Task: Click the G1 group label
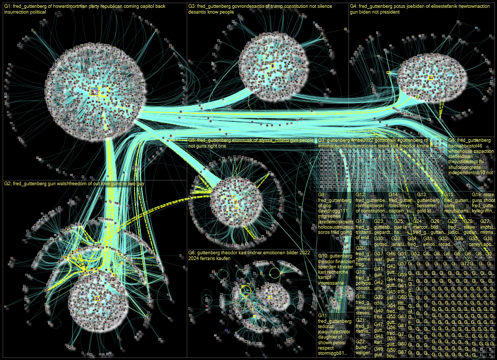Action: [8, 7]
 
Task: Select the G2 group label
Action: [8, 169]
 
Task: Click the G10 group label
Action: [324, 256]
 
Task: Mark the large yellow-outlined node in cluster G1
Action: [94, 91]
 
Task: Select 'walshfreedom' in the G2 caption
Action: [88, 169]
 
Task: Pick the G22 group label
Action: [361, 341]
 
